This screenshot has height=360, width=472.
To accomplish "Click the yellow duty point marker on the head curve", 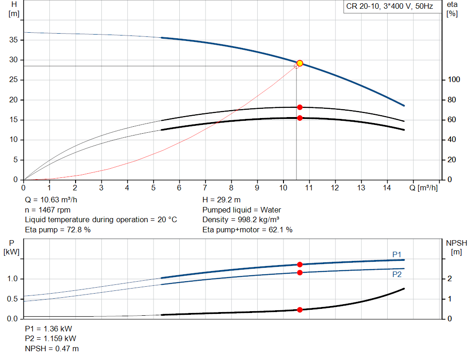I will pos(300,63).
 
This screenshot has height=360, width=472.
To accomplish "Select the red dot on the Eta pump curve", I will pos(300,107).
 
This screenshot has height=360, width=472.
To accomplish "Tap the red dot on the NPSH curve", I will pos(300,310).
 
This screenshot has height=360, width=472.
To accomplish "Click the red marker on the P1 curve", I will pos(300,265).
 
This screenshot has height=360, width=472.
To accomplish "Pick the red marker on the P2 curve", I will pos(300,272).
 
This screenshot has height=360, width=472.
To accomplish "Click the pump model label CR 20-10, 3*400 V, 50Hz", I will pos(389,7).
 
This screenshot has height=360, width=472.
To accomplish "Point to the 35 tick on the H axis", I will pos(14,40).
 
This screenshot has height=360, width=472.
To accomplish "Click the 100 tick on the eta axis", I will pos(454,80).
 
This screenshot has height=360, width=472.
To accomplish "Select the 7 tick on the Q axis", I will pos(205,188).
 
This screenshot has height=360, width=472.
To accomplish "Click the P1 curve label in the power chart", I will pos(397,254).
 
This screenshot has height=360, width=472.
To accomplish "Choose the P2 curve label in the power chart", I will pos(397,274).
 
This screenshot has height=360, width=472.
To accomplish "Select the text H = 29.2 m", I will pos(221,200).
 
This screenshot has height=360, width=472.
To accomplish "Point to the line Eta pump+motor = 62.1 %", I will pos(248,230).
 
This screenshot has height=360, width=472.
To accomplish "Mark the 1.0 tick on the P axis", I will pos(12,279).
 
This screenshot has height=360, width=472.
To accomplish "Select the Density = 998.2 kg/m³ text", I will pos(241,220).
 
